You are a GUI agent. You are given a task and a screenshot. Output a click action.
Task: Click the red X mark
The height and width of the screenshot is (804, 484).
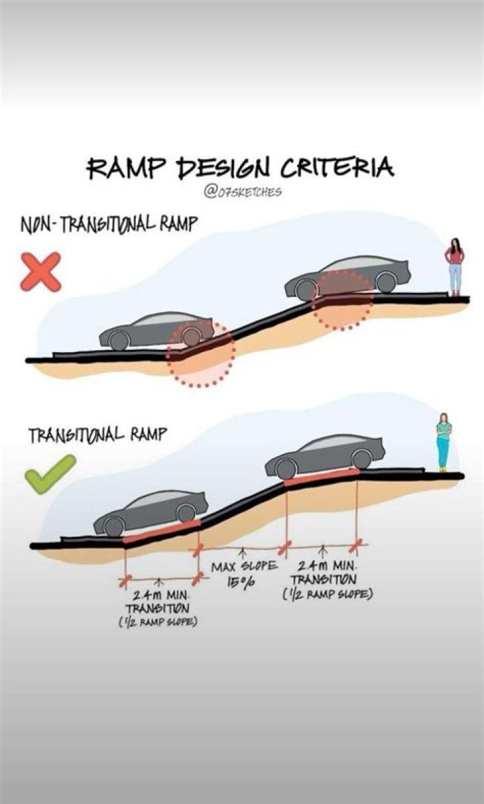[x=41, y=271]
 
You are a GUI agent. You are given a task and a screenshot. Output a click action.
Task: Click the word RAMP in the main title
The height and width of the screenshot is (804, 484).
[x=122, y=169]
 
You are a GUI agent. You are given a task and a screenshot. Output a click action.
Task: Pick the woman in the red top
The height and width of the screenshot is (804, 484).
[x=455, y=265]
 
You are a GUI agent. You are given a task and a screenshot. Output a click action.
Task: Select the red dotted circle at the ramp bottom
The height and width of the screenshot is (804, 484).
[x=201, y=353]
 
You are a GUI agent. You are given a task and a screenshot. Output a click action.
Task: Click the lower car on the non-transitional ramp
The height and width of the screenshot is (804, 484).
[x=157, y=330]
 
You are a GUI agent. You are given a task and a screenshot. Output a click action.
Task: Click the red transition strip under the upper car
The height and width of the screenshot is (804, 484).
[x=321, y=477]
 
